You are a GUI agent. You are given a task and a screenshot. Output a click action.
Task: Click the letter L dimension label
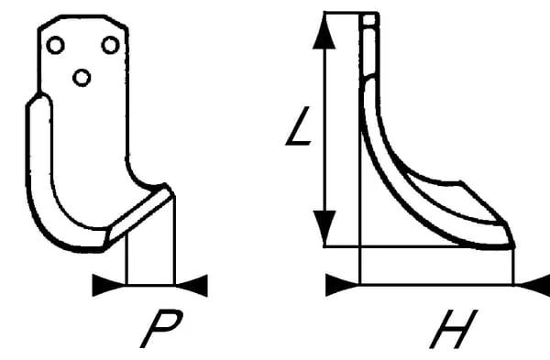(x=298, y=126)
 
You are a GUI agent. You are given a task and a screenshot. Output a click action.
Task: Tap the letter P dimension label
(x=161, y=328)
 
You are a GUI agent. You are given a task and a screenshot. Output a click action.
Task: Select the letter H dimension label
(x=454, y=329)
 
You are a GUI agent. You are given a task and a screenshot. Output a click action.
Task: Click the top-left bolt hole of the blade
(x=55, y=46)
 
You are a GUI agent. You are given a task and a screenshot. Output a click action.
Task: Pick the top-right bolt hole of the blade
(x=110, y=45)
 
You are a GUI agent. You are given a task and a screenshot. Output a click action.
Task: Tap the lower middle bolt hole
(x=82, y=78)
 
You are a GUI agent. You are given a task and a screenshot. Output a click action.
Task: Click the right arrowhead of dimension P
(x=192, y=285)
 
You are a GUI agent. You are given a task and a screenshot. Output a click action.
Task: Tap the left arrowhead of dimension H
(x=343, y=285)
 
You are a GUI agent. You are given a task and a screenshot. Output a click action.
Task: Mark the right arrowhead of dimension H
(x=532, y=285)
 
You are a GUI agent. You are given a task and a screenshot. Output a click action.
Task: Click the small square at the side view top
(x=369, y=19)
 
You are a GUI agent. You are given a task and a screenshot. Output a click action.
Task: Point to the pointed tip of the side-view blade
(x=513, y=245)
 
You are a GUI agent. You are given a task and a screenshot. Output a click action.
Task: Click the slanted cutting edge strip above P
(x=140, y=215)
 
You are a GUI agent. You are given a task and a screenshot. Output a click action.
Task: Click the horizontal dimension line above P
(x=150, y=285)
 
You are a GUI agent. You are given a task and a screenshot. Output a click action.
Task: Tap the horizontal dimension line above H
(x=437, y=285)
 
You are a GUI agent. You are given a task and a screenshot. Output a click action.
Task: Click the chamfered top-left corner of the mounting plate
(x=49, y=21)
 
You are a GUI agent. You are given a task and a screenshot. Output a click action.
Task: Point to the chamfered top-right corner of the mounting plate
(x=115, y=21)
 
